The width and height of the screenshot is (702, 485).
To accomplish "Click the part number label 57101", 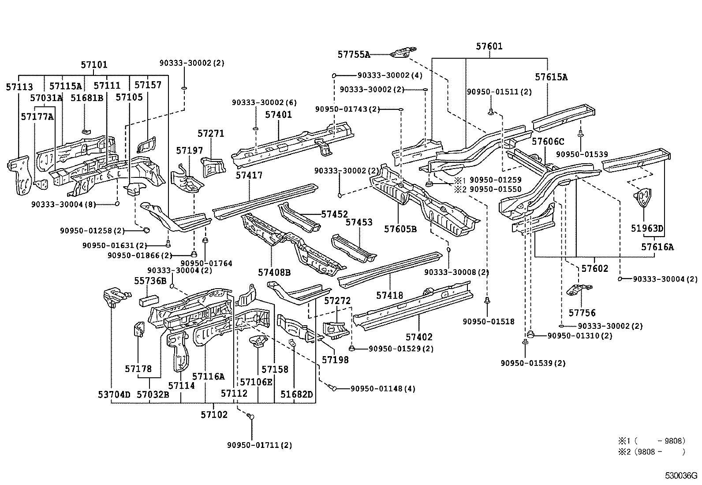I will point(93,65).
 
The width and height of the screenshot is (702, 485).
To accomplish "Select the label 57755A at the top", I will point(354,54).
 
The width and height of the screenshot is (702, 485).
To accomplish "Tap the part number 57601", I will point(489,46).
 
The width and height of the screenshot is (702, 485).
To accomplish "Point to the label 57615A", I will point(551,77).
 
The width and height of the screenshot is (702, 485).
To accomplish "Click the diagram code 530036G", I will point(681,476).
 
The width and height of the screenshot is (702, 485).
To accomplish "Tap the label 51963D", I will point(647,228).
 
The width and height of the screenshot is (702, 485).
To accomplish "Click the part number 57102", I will point(214,414).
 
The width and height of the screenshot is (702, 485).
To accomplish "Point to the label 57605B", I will point(400,229).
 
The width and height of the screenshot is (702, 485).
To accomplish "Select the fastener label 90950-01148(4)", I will point(383,389).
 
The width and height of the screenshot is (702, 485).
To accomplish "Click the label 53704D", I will point(114,394).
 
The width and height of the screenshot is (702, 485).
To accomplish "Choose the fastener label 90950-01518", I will point(488,322).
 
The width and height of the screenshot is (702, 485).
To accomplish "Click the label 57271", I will point(211,133).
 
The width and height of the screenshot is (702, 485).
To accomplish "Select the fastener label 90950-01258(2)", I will point(92,230).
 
